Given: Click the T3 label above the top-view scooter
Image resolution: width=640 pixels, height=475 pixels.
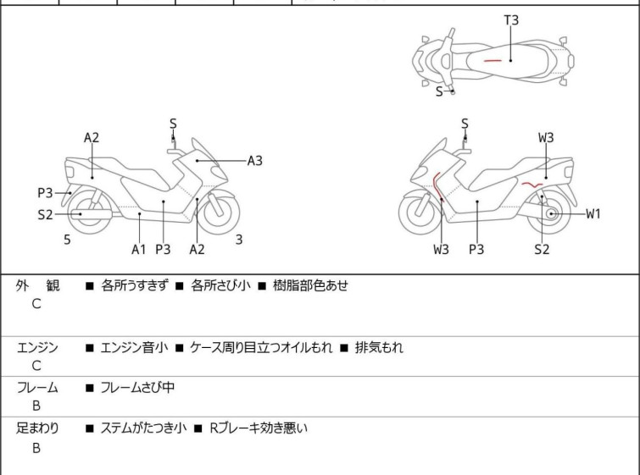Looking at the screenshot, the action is (x=511, y=20).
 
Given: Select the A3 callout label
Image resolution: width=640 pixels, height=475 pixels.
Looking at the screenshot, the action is (x=254, y=161).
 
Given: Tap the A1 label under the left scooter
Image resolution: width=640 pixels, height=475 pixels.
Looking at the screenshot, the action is (x=139, y=250).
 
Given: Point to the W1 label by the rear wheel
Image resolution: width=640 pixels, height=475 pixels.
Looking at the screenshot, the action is (x=593, y=213).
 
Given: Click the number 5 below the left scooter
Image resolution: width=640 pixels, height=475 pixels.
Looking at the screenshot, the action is (x=67, y=240).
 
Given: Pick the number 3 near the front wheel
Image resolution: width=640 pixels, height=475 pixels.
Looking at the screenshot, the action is (x=239, y=240).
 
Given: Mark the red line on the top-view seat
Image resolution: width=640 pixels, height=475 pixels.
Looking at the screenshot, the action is (x=493, y=61).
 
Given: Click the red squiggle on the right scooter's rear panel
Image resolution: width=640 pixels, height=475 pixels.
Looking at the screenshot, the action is (x=531, y=185).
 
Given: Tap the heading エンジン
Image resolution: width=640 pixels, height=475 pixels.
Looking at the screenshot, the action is (x=37, y=348).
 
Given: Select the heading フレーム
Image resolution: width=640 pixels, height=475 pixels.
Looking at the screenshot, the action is (x=37, y=387).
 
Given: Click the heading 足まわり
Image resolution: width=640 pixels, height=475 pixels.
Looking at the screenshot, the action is (x=37, y=428).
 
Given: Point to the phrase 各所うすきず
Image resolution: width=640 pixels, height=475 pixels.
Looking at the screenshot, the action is (x=135, y=285).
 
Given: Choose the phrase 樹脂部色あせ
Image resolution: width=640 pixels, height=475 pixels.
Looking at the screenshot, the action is (x=310, y=285).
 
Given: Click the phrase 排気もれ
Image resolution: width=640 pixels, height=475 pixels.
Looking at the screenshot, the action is (x=379, y=348).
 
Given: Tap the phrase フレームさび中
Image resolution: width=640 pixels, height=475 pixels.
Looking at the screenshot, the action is (x=137, y=387).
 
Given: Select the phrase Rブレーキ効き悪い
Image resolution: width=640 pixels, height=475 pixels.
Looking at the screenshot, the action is (x=259, y=428).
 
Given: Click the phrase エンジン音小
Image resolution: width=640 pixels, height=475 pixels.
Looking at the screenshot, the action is (x=134, y=348).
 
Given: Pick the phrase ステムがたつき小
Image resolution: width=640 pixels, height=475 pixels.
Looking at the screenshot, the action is (x=143, y=428).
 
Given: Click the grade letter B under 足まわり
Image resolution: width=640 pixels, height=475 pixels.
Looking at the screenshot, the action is (x=36, y=448).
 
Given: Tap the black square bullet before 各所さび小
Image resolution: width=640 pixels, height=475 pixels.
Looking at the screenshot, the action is (x=180, y=286).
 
